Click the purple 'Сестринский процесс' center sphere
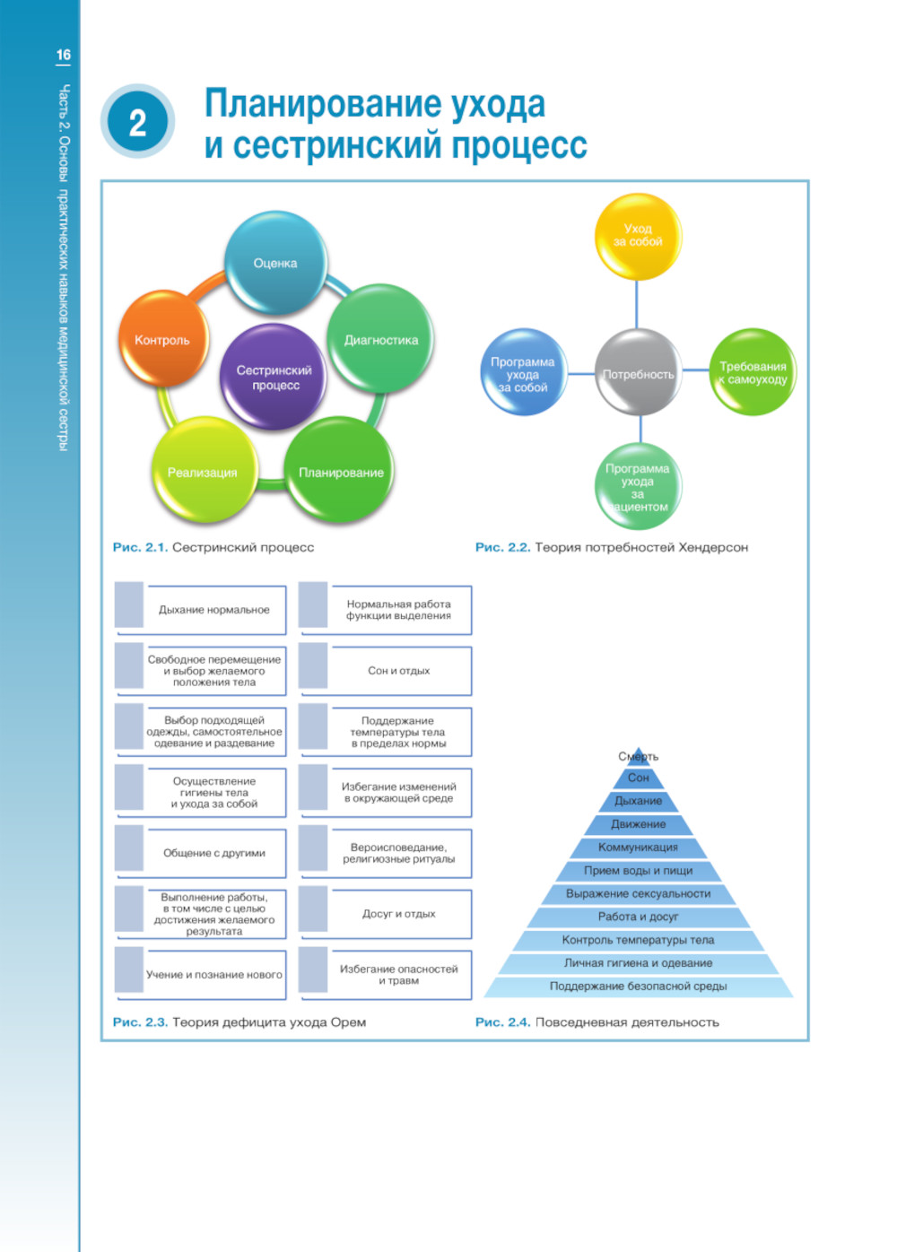pos(274,377)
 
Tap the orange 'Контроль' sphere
pos(163,339)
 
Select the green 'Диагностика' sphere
pos(380,339)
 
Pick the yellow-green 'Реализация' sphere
pos(203,471)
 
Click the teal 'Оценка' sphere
pos(274,262)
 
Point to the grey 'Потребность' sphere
pos(638,373)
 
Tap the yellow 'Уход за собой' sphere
pos(638,237)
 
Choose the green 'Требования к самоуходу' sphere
pos(753,372)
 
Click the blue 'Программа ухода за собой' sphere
pos(523,373)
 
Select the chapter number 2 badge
pos(137,123)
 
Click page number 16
pos(64,55)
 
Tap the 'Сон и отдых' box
pos(398,670)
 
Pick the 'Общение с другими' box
pos(213,853)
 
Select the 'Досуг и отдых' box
pos(398,914)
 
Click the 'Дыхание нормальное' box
pos(213,610)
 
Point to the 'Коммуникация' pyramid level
pos(638,847)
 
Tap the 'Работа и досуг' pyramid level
pos(638,917)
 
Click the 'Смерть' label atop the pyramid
pos(638,756)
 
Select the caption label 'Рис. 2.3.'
pos(140,1022)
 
